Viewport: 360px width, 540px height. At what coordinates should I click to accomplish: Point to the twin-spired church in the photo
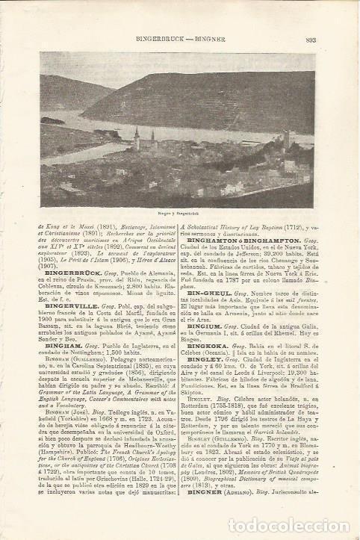[137, 138]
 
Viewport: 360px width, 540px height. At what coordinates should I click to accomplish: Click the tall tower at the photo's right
[285, 142]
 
